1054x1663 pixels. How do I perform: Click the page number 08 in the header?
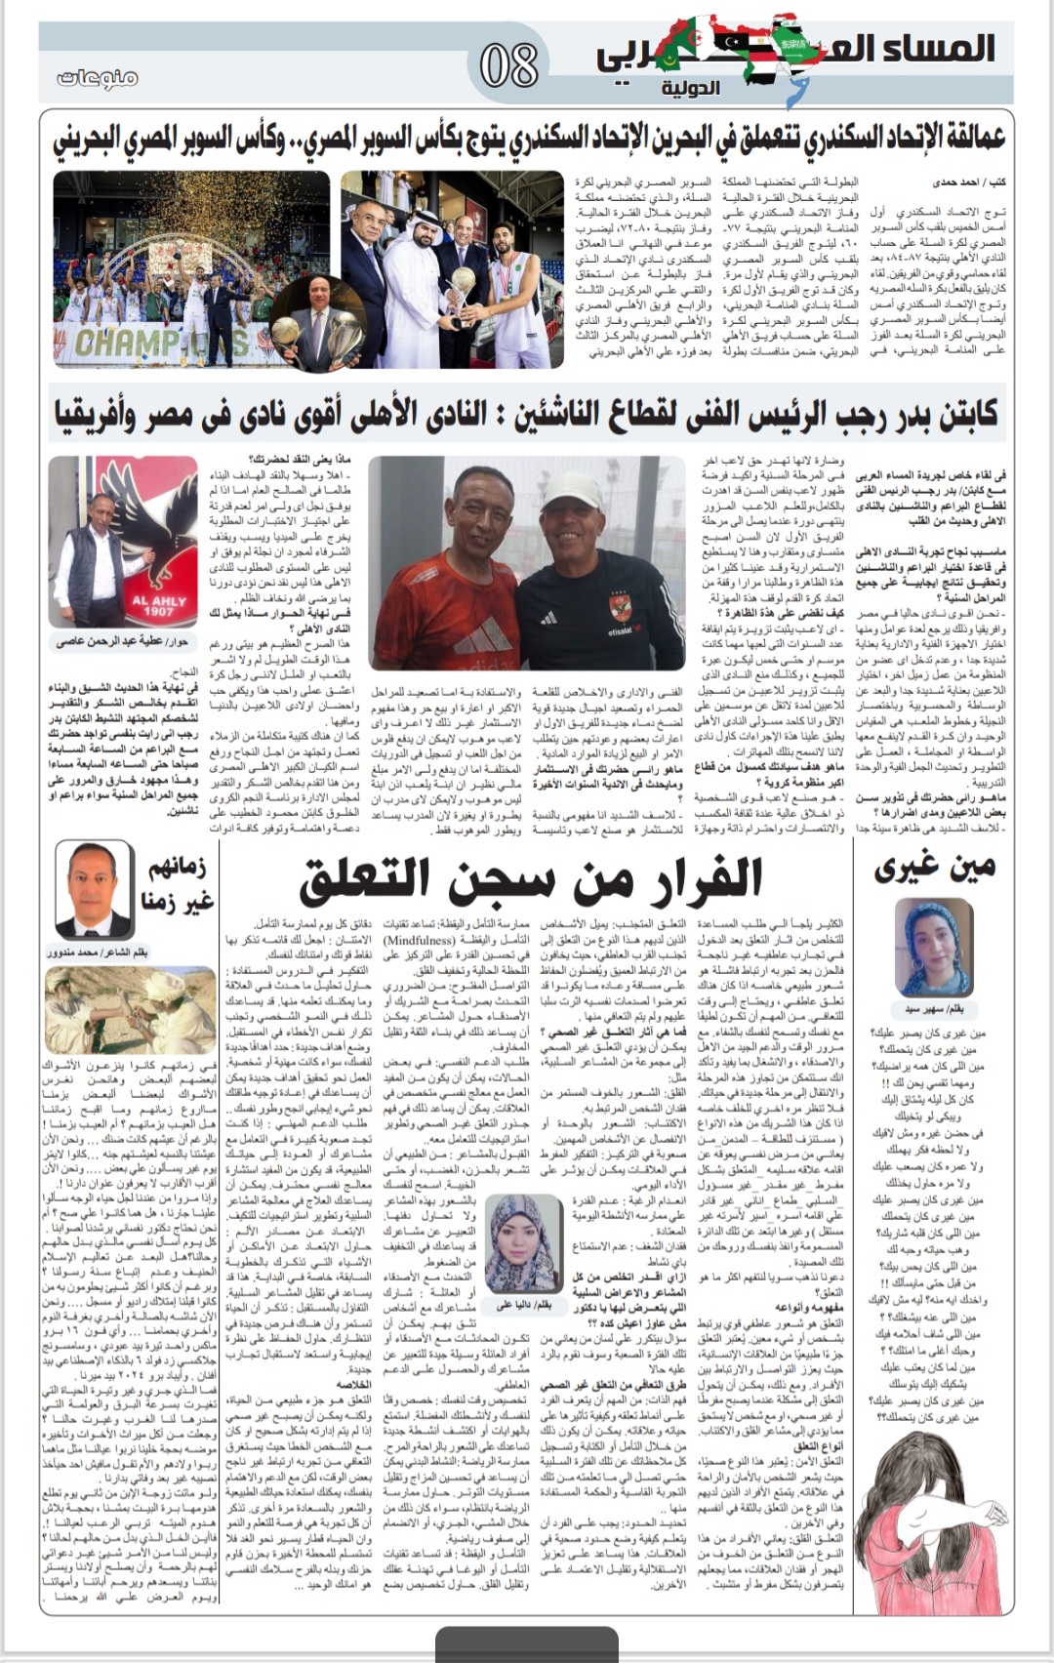tap(508, 65)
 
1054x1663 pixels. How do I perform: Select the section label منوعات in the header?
tap(98, 77)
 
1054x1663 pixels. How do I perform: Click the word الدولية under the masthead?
tap(690, 88)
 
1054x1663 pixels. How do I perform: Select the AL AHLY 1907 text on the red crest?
tap(153, 606)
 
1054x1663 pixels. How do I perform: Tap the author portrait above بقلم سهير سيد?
tap(935, 946)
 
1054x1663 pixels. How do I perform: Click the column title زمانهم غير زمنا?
tap(178, 884)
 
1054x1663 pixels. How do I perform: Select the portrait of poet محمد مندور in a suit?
tap(95, 888)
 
